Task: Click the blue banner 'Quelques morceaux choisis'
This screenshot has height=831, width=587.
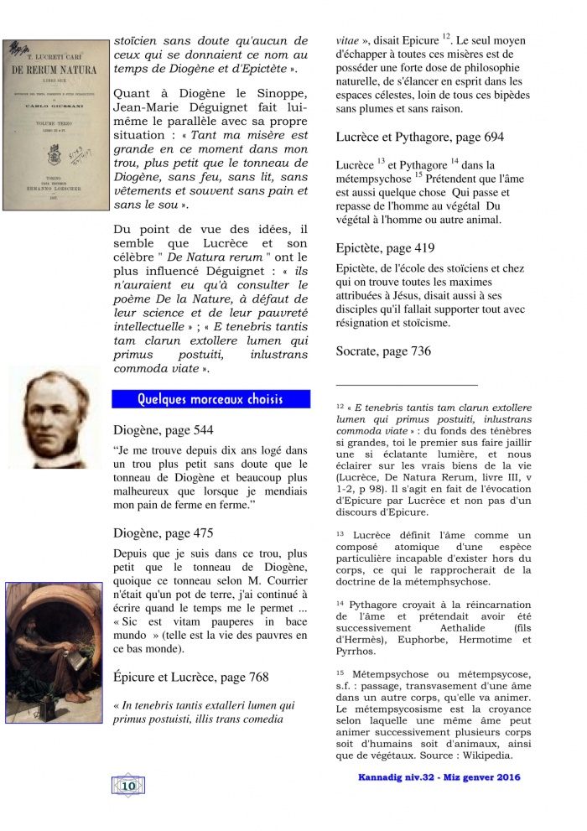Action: [210, 398]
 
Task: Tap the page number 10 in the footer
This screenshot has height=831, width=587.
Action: [129, 786]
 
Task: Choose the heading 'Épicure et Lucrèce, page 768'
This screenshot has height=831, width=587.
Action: [191, 677]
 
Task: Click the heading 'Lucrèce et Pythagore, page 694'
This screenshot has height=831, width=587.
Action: [419, 137]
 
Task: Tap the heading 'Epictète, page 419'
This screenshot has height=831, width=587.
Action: [385, 248]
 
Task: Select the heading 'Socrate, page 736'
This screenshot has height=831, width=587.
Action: [383, 351]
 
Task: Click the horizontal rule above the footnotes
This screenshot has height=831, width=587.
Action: [406, 382]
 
